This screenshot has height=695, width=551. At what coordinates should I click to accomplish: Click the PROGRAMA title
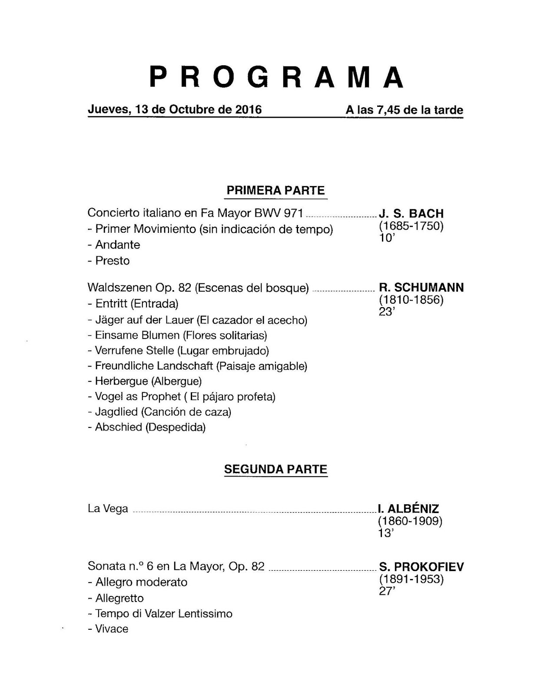tap(277, 77)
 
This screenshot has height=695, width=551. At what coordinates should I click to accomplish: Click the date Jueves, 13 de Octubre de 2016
tap(175, 109)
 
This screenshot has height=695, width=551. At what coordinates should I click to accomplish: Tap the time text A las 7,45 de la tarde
tap(404, 110)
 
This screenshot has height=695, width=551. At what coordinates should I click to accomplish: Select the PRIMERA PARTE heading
tap(275, 190)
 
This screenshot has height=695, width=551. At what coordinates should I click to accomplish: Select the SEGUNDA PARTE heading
tap(275, 469)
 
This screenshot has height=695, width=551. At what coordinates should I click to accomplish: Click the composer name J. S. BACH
tap(411, 214)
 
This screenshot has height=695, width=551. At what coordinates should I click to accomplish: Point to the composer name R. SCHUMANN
tap(421, 288)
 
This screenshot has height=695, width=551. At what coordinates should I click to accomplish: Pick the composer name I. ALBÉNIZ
tap(408, 509)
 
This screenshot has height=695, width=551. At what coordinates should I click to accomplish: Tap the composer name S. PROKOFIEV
tap(421, 567)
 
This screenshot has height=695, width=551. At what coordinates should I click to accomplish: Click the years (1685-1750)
tap(411, 226)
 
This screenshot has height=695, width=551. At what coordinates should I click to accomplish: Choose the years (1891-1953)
tap(411, 579)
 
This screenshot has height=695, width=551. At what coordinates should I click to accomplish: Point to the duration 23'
tap(386, 312)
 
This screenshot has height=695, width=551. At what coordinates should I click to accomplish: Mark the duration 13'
tap(385, 533)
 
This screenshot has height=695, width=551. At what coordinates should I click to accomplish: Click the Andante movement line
tap(114, 245)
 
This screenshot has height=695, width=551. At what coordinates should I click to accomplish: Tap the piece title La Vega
tap(108, 509)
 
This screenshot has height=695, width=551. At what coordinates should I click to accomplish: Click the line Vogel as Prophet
tap(182, 397)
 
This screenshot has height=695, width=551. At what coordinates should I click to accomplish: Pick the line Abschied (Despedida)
tap(146, 427)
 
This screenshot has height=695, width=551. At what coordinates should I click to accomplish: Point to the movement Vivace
tap(108, 629)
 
